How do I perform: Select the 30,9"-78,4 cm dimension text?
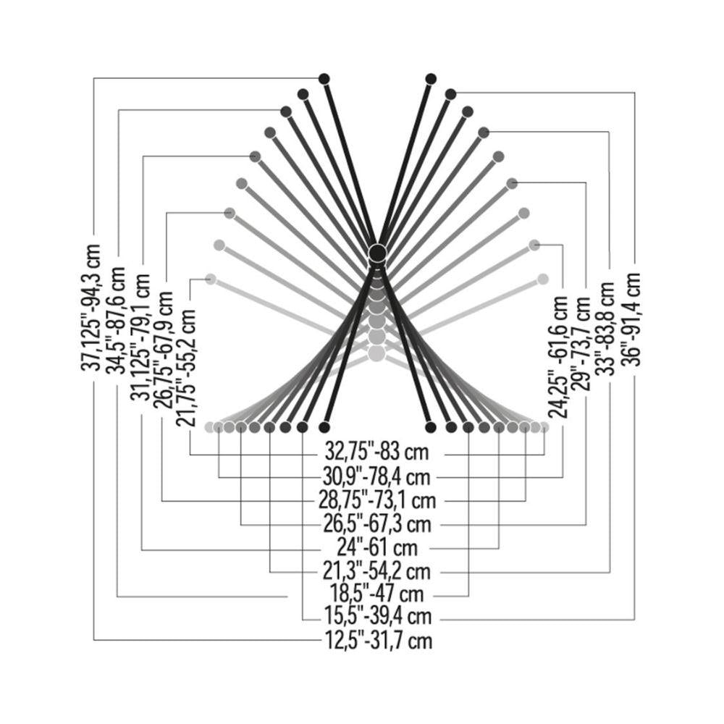376,476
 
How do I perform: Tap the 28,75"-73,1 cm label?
377,500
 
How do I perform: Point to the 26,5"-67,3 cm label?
377,524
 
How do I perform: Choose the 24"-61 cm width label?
376,548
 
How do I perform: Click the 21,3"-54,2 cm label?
376,572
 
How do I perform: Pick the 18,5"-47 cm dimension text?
376,594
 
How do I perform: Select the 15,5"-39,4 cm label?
378,616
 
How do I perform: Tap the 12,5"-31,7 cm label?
379,641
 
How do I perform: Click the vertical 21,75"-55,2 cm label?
187,368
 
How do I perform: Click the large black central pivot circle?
376,253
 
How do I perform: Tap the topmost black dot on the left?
324,78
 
